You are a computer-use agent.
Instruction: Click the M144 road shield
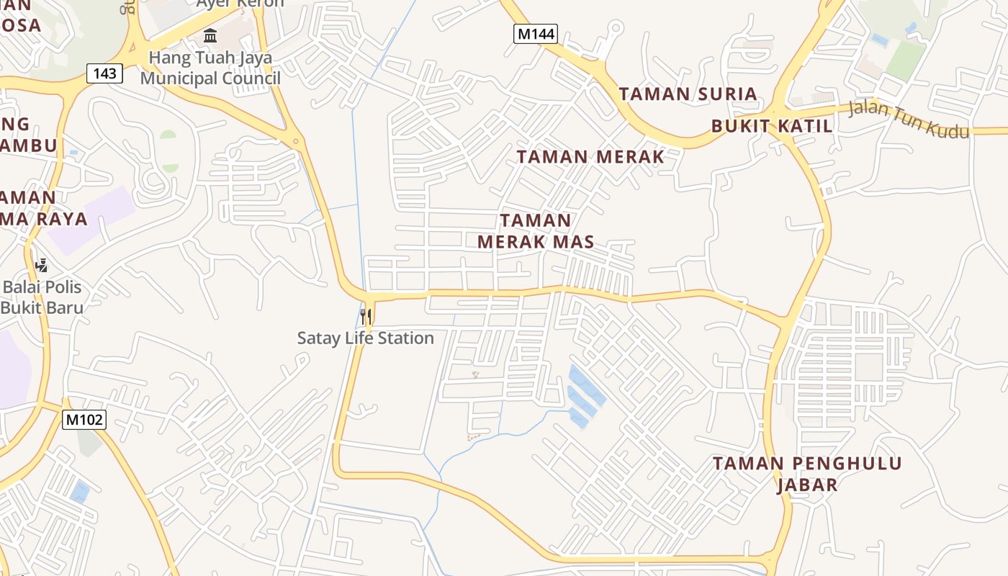click(536, 33)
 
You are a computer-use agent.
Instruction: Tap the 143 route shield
click(104, 73)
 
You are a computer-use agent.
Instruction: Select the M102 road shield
click(84, 420)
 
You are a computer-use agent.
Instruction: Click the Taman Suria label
click(688, 94)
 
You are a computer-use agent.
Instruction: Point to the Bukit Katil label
click(772, 126)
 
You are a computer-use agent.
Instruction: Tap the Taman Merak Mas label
click(536, 231)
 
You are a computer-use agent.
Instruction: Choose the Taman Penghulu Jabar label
click(807, 474)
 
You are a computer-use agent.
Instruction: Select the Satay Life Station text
click(366, 338)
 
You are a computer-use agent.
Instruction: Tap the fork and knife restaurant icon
click(366, 316)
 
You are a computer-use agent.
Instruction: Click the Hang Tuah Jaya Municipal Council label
click(210, 68)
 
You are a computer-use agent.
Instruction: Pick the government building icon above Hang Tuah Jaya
click(210, 35)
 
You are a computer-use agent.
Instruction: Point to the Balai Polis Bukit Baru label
click(42, 297)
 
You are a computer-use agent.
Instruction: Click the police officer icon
click(41, 266)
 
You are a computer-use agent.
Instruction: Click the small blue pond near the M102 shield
click(80, 492)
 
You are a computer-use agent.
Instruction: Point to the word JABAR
click(807, 485)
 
